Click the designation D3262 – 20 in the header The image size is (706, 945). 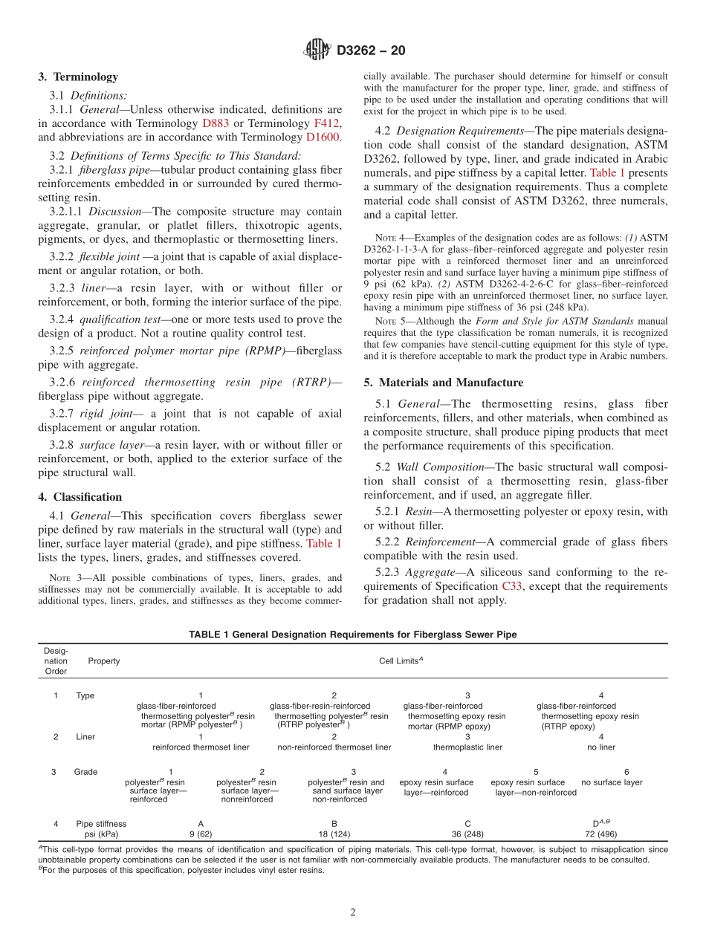coord(371,51)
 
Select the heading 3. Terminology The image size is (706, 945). coord(78,77)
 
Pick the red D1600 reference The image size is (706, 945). coord(323,137)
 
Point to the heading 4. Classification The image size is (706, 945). coord(80,497)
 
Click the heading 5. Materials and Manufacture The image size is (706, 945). coord(443,383)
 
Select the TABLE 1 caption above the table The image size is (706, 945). coord(352,634)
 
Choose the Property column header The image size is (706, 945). coord(103,660)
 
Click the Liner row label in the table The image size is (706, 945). coord(85,737)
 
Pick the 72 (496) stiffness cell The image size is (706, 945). coord(600,834)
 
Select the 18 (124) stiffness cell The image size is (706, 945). coord(334,834)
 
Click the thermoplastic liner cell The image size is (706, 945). coord(467,747)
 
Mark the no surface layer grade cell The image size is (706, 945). coord(612,782)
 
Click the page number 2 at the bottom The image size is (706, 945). coord(353,913)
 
